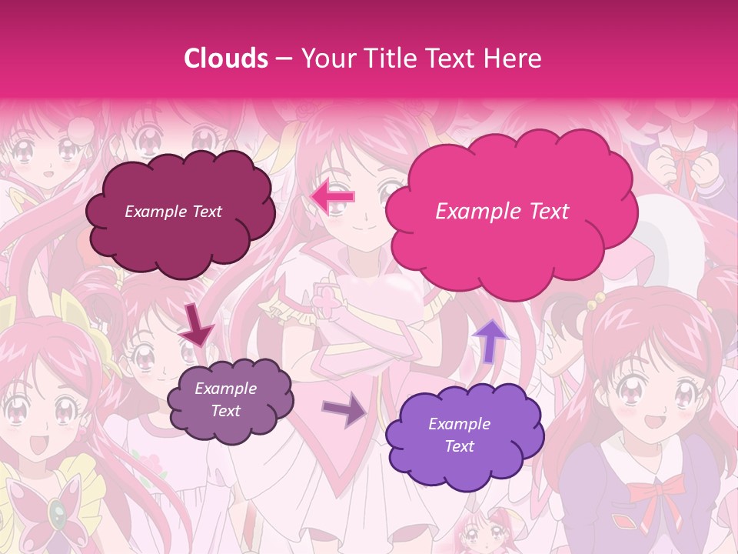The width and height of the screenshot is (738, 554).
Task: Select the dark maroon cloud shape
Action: [178, 212]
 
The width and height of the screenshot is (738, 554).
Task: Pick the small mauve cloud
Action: [230, 400]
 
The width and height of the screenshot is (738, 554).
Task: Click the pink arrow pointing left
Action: [332, 198]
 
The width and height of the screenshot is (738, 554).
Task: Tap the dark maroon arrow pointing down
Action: [197, 326]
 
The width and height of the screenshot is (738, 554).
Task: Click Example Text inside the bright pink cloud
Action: [502, 212]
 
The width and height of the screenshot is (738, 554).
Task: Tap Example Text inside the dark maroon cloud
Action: [173, 212]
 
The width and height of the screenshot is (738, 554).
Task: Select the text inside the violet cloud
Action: [459, 435]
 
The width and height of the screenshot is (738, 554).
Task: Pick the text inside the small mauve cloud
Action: [225, 400]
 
